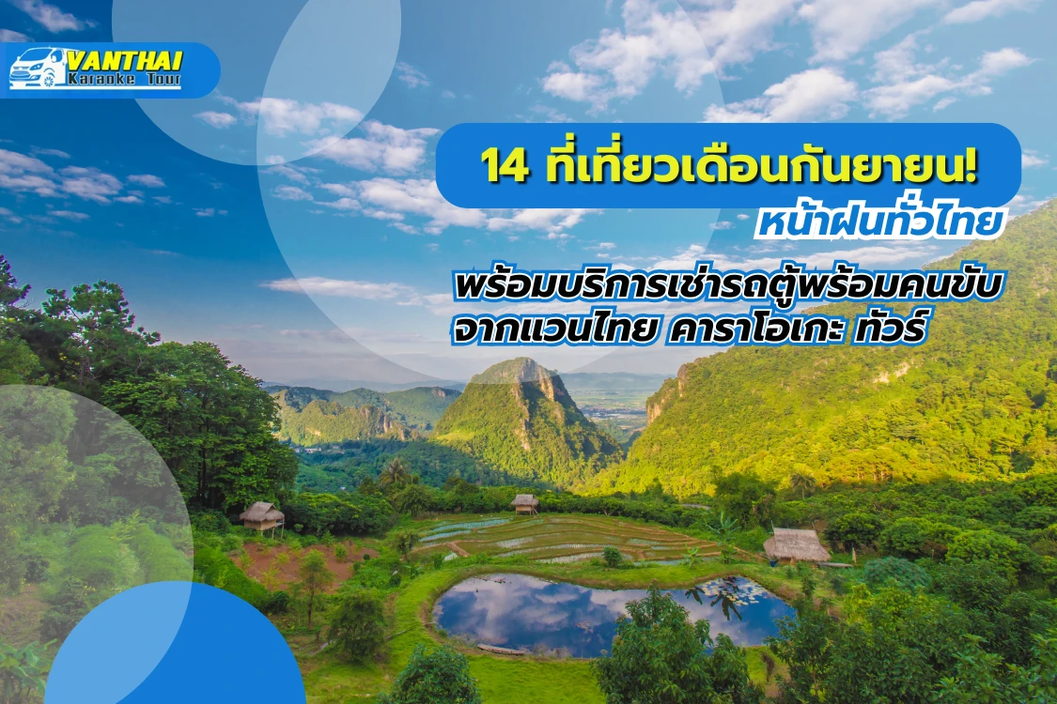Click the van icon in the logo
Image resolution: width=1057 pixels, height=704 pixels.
click(x=38, y=69)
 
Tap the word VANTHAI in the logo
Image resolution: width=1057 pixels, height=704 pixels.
click(x=124, y=60)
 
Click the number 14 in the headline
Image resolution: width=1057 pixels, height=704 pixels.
click(x=498, y=167)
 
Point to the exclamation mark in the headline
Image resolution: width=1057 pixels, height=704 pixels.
click(x=971, y=166)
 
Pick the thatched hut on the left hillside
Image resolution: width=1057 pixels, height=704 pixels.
click(x=261, y=513)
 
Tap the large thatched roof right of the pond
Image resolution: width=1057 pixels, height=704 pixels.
click(x=796, y=544)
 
